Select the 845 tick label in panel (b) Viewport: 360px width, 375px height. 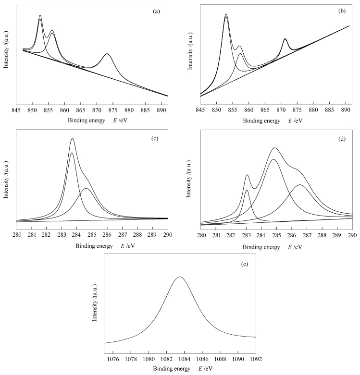tap(200, 103)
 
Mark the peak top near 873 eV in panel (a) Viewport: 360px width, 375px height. tap(107, 54)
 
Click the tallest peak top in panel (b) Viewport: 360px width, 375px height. tap(226, 14)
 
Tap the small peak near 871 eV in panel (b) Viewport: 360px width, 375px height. tap(285, 38)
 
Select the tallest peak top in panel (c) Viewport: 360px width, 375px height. tap(72, 138)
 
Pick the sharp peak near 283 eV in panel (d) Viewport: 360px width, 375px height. tap(247, 175)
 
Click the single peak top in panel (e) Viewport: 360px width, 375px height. tap(180, 277)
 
